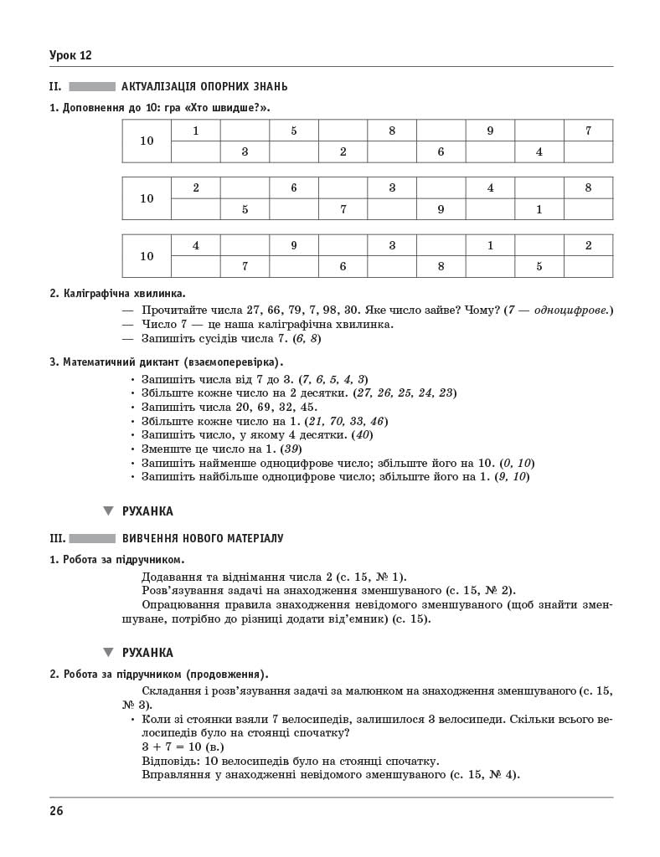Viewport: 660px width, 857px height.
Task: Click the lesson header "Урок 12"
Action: [70, 55]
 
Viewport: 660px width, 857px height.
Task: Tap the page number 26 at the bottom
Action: [56, 810]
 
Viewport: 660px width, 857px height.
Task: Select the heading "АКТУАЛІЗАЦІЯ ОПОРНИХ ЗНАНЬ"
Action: [204, 86]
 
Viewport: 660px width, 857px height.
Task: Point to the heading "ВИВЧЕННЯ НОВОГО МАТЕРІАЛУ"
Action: [203, 538]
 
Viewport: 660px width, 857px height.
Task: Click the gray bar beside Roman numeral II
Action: [91, 86]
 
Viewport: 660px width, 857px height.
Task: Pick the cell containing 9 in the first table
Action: [490, 131]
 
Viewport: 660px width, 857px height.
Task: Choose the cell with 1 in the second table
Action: [539, 209]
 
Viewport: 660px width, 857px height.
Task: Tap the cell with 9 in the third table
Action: [293, 246]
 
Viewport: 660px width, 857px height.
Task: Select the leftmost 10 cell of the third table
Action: [147, 256]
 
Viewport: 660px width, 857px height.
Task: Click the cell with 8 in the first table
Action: [391, 131]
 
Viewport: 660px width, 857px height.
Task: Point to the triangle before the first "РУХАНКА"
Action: [107, 511]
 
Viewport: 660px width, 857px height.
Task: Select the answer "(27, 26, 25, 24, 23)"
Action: [405, 393]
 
